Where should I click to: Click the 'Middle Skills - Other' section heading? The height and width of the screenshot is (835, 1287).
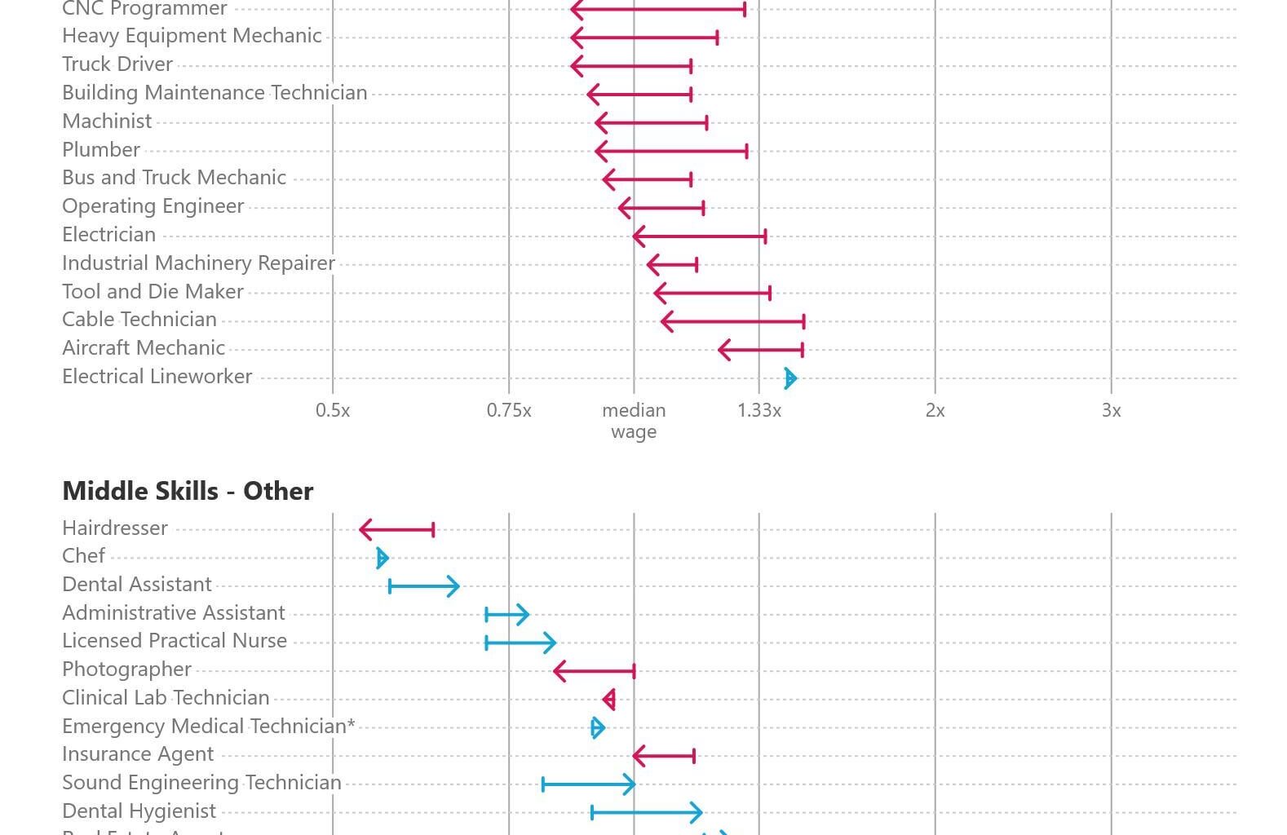pyautogui.click(x=188, y=491)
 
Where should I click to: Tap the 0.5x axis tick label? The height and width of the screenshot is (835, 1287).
pyautogui.click(x=333, y=410)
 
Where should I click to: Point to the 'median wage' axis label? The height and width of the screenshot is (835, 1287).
pyautogui.click(x=634, y=421)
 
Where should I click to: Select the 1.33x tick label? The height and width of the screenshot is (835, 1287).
pyautogui.click(x=759, y=410)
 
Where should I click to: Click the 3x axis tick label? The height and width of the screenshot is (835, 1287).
pyautogui.click(x=1111, y=410)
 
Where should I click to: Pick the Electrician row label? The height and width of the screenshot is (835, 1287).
pyautogui.click(x=108, y=235)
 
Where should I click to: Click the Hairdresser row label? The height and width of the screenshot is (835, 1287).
pyautogui.click(x=115, y=528)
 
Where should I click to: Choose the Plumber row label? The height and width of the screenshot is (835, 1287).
pyautogui.click(x=101, y=150)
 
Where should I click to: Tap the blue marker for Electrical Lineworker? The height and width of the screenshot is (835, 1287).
pyautogui.click(x=789, y=378)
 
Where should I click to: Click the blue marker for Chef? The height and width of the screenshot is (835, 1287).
pyautogui.click(x=382, y=558)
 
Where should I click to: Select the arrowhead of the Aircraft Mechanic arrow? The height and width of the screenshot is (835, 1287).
pyautogui.click(x=721, y=350)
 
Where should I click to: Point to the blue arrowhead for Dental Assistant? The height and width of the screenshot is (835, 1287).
pyautogui.click(x=456, y=586)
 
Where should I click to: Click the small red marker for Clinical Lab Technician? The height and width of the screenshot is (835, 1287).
pyautogui.click(x=609, y=700)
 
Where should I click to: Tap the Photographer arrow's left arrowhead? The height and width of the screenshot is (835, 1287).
pyautogui.click(x=556, y=672)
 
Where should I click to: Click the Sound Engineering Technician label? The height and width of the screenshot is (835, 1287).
pyautogui.click(x=201, y=783)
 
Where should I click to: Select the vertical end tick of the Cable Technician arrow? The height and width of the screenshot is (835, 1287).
pyautogui.click(x=804, y=321)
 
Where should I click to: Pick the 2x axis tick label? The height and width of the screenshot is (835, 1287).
pyautogui.click(x=935, y=410)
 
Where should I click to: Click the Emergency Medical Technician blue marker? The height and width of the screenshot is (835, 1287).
pyautogui.click(x=597, y=727)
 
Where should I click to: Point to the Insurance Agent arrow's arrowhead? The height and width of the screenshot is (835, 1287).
pyautogui.click(x=636, y=756)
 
